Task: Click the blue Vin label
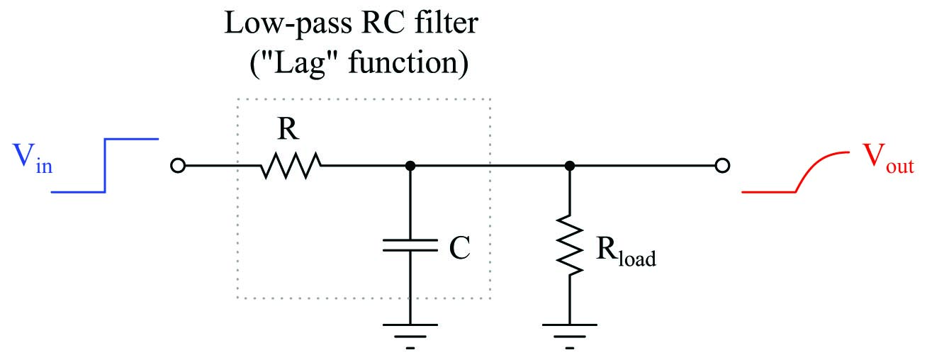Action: pos(33,159)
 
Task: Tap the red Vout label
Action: pos(888,158)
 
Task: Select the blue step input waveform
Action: pos(105,166)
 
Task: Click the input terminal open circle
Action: pos(178,166)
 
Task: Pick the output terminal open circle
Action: pos(722,166)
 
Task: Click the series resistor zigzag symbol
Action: pos(291,166)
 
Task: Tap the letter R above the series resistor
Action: pos(288,129)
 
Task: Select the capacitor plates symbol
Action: pos(410,245)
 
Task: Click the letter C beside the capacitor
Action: pos(460,247)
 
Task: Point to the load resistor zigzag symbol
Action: pos(570,245)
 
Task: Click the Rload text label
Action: pos(626,252)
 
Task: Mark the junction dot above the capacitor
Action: pos(410,166)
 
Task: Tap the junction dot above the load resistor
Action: pos(570,166)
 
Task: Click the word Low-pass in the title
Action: pos(288,24)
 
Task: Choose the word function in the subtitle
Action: pos(403,62)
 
